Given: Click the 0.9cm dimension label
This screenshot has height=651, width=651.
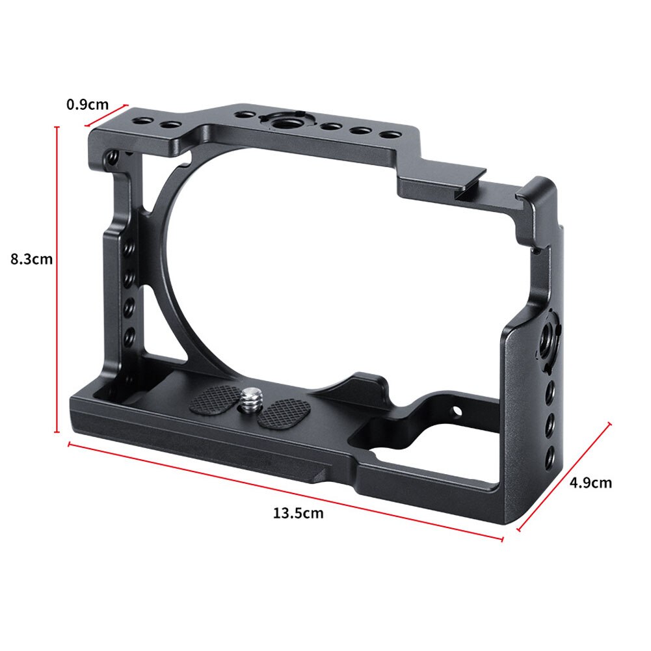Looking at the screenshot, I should coord(87,103).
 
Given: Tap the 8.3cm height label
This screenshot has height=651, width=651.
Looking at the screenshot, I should coord(31,259).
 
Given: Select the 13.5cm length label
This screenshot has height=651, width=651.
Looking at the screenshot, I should coord(297,513).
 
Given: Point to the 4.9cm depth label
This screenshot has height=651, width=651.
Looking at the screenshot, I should coord(591,483).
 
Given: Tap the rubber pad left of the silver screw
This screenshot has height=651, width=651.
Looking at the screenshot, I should coord(215,398).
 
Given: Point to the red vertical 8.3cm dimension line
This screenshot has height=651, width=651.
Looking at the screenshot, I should coord(57,280).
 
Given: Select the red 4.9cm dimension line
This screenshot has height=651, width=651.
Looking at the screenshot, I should coord(565,476).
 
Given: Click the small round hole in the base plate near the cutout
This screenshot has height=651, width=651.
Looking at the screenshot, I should coord(456,411).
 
